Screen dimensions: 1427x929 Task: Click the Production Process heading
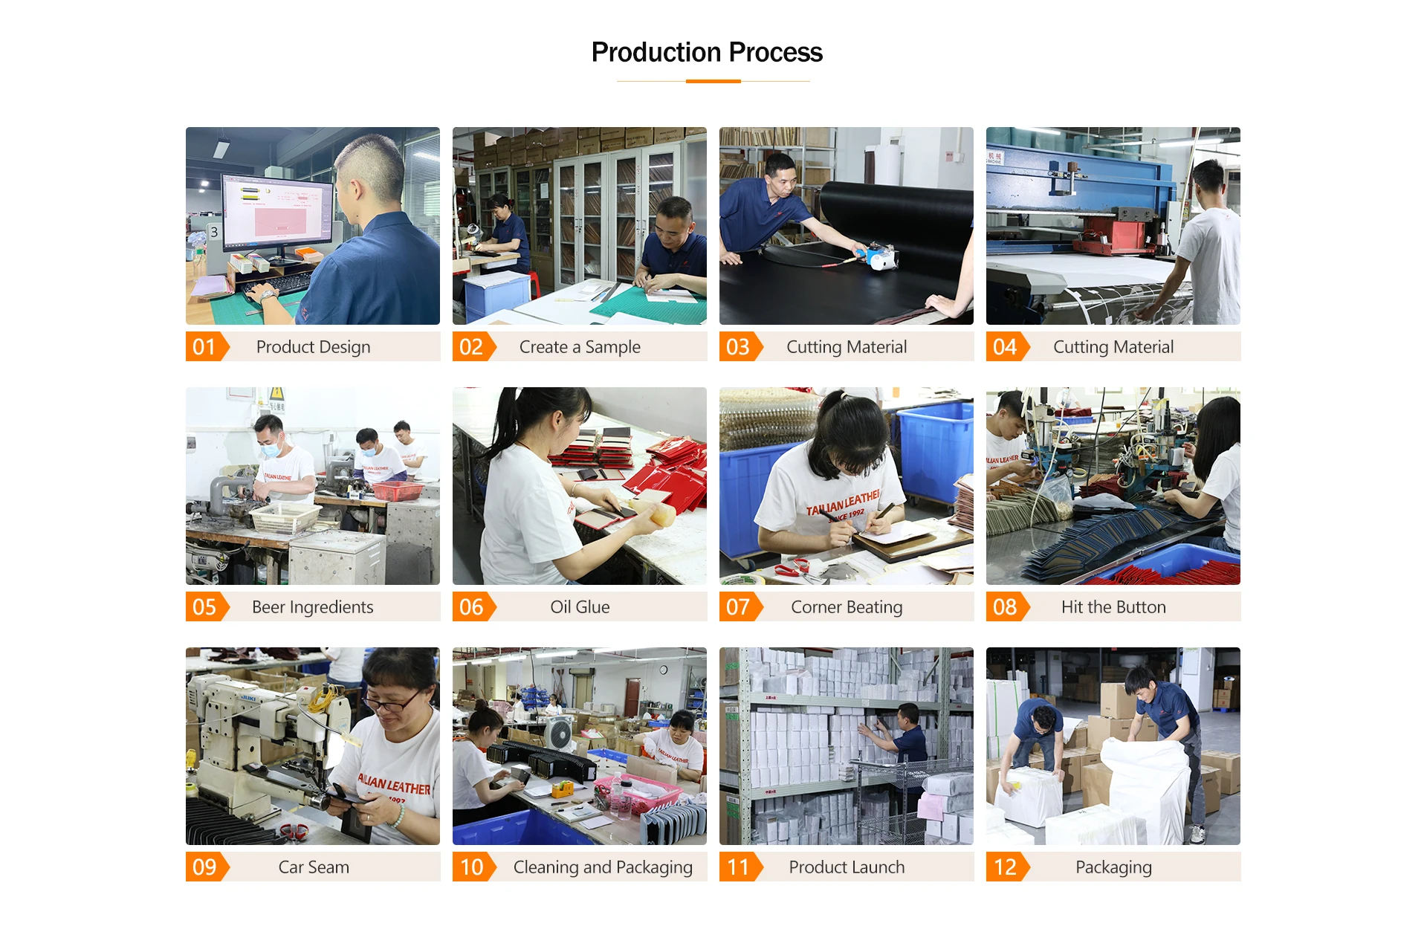pyautogui.click(x=707, y=53)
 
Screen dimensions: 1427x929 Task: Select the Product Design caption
pyautogui.click(x=313, y=347)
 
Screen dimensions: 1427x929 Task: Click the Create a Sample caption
pyautogui.click(x=580, y=347)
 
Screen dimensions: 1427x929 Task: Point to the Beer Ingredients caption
pyautogui.click(x=313, y=607)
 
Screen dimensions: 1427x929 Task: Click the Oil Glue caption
pyautogui.click(x=580, y=607)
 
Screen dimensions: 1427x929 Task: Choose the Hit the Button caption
pyautogui.click(x=1113, y=607)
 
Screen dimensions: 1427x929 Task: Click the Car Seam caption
pyautogui.click(x=313, y=867)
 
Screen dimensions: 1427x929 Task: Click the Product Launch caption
pyautogui.click(x=847, y=867)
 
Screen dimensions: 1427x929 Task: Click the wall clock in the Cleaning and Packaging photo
pyautogui.click(x=663, y=670)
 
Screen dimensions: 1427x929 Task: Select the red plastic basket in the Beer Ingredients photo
pyautogui.click(x=398, y=491)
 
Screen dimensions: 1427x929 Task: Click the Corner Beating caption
pyautogui.click(x=847, y=607)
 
